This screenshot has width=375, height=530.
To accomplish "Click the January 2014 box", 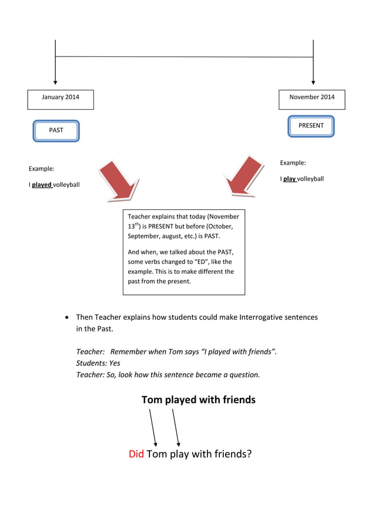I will tap(61, 99).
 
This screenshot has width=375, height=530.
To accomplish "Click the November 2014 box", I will tap(312, 99).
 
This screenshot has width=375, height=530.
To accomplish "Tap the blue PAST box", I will tap(56, 130).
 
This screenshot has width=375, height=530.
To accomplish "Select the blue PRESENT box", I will tap(311, 126).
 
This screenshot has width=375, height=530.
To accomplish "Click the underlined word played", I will tap(42, 185).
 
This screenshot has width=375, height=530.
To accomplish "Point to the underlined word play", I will tap(289, 179).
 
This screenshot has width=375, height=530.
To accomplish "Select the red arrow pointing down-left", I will tap(245, 174).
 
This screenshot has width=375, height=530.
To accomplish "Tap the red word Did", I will tap(136, 454).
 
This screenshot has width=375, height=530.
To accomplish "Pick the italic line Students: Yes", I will tap(98, 363).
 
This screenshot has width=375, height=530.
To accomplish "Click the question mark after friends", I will tap(249, 454).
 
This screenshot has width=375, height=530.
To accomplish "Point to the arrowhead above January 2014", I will tap(55, 82).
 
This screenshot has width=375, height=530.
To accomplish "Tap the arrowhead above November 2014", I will tap(313, 82).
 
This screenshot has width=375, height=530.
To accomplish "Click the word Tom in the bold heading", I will tap(152, 400).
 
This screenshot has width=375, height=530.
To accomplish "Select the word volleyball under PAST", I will tap(66, 185).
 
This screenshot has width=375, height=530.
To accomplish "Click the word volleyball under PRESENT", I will tap(310, 179).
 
